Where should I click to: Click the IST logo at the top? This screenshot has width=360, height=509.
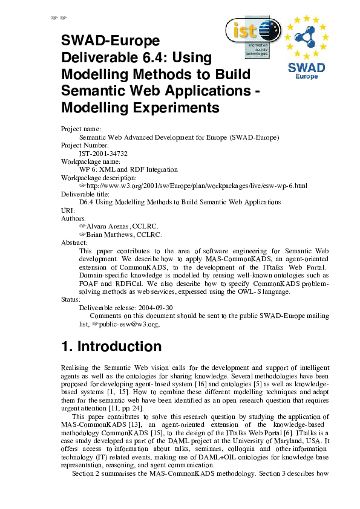(x=252, y=36)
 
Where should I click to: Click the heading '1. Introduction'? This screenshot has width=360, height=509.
(x=111, y=346)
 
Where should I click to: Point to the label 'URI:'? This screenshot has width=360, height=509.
(x=68, y=210)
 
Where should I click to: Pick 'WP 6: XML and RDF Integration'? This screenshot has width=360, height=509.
(x=128, y=170)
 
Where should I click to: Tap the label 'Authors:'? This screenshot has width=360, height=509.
(x=74, y=218)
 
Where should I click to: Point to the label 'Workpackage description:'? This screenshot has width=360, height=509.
(x=99, y=178)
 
